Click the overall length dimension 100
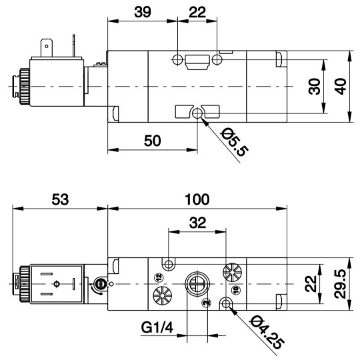(x=197, y=199)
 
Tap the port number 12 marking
(x=159, y=278)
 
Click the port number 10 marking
(x=235, y=291)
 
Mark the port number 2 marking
(x=208, y=303)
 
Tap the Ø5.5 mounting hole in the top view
(x=197, y=116)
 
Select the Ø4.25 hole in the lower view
(x=228, y=305)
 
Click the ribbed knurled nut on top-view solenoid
(x=21, y=86)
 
